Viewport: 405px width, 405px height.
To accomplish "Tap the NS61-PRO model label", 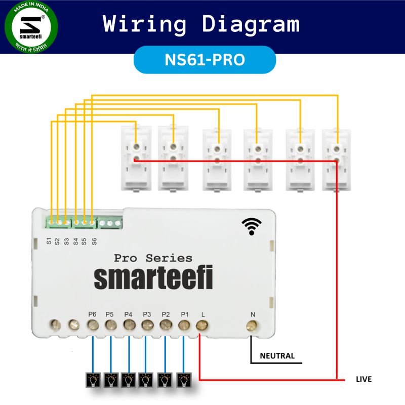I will point(205,60).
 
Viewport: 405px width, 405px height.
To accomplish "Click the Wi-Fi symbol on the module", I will point(252,227).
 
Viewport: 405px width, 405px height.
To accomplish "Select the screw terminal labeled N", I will point(252,327).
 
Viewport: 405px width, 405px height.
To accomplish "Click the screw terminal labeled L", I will point(202,327).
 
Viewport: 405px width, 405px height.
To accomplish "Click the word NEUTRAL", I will point(277,356).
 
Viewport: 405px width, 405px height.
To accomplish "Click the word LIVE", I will point(363,379).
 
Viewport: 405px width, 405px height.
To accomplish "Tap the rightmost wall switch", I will point(335,159).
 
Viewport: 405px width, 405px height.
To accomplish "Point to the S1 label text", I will point(49,241).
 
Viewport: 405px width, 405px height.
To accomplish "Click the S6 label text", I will point(94,241).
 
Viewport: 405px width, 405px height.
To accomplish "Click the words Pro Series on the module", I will point(153,258).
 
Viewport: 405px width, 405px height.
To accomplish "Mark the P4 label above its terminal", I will point(128,314).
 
